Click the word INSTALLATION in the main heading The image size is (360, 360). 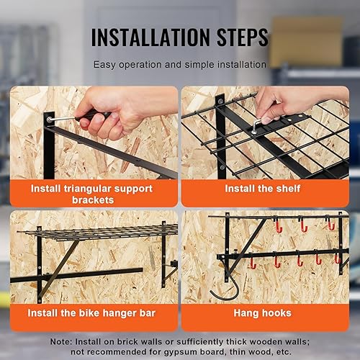point(150,37)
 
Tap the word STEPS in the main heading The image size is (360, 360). point(243,37)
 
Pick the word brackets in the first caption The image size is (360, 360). point(93,200)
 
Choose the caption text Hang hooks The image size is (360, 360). point(263,313)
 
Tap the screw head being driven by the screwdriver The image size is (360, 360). point(49,119)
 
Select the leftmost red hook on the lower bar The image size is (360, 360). point(253,263)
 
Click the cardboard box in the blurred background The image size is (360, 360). point(306,42)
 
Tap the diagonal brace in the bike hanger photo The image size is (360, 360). point(59,269)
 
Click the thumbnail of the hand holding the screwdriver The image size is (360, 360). point(94,132)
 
